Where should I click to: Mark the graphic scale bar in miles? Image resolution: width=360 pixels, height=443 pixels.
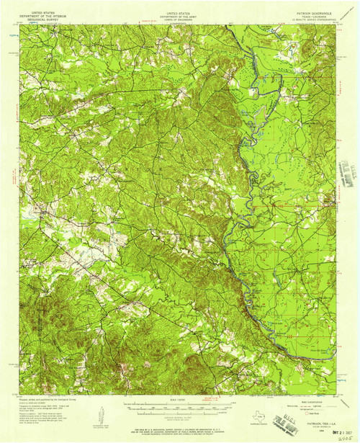pos(171,406)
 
